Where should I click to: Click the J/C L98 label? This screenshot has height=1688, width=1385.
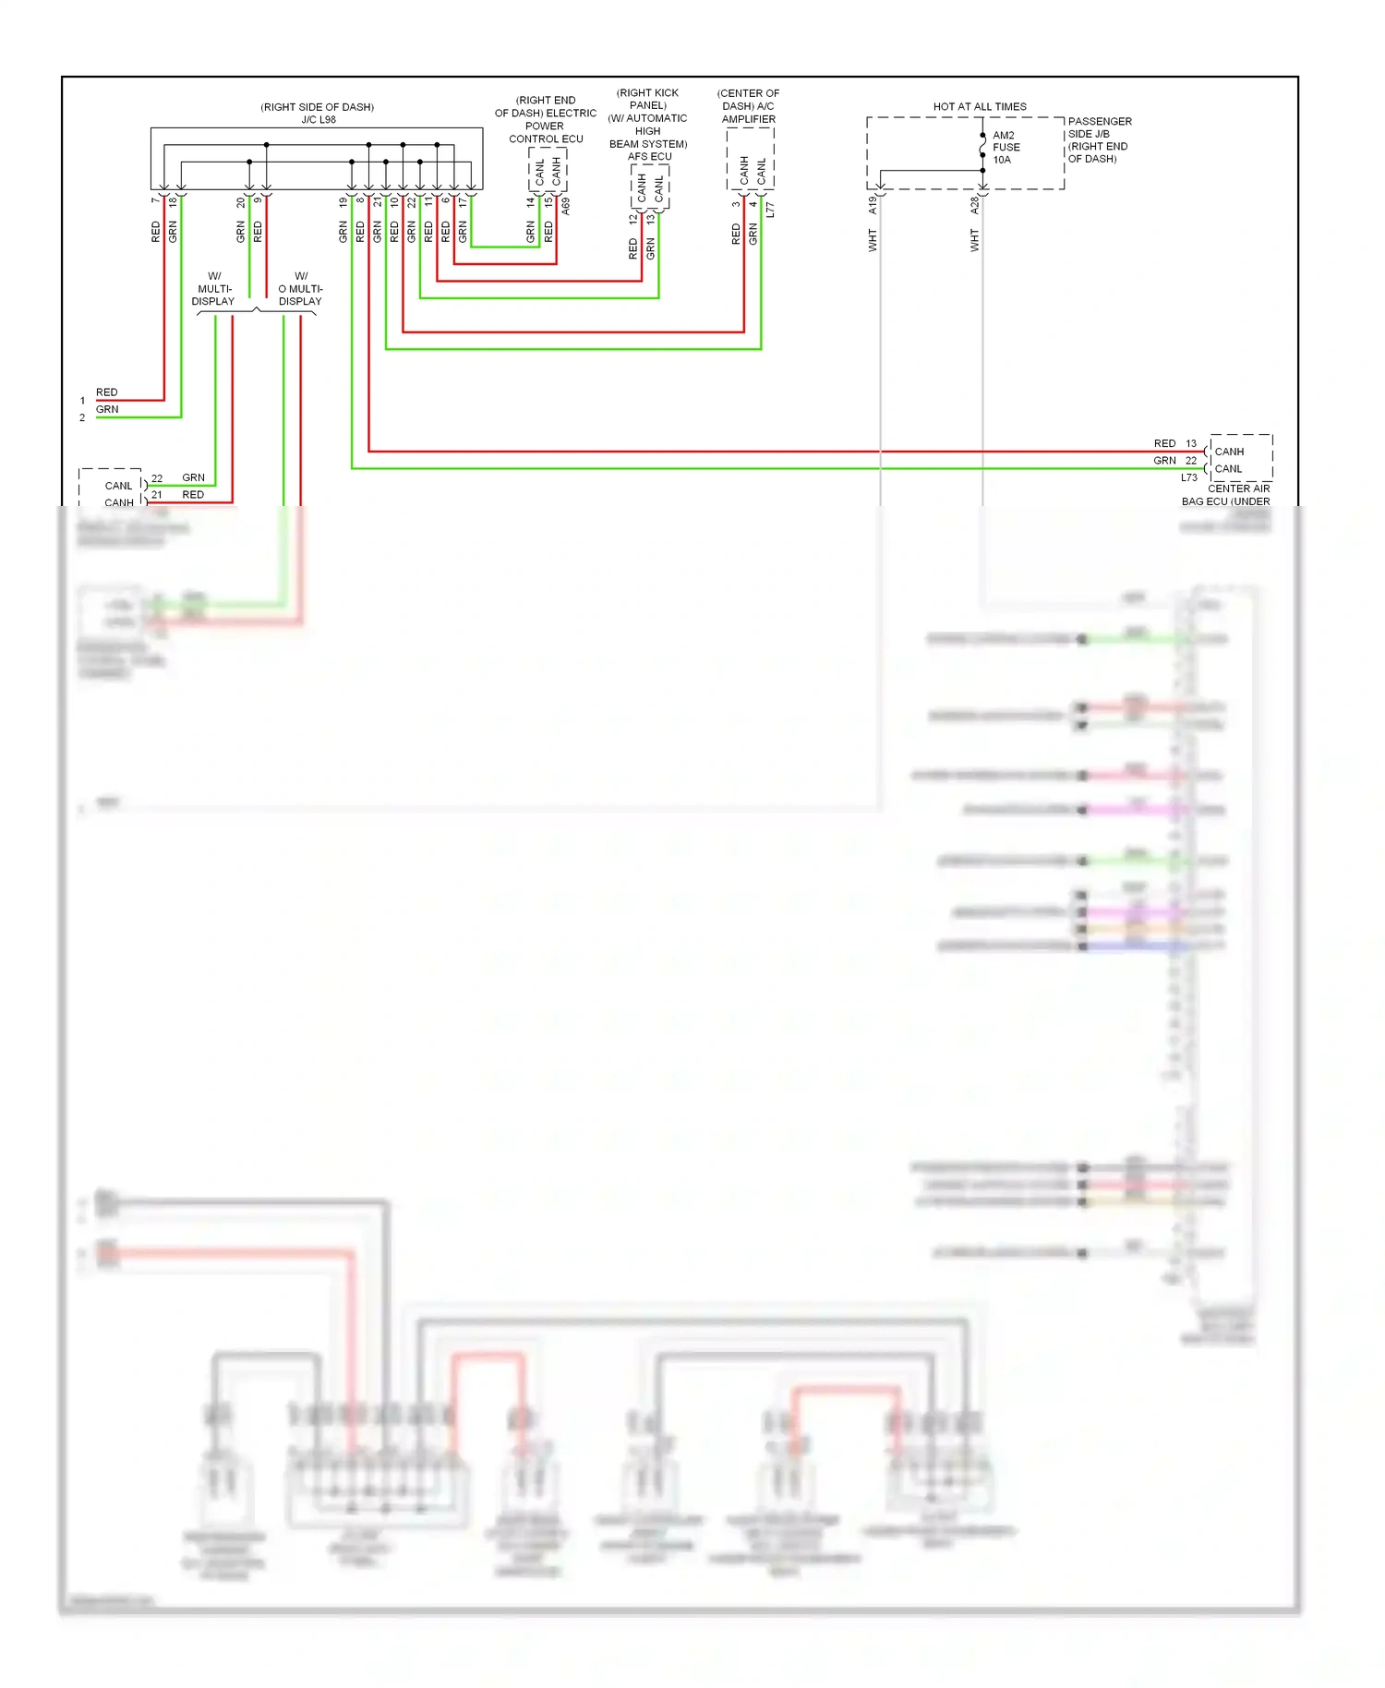318,119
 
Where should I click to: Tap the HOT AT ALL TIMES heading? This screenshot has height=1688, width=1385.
979,106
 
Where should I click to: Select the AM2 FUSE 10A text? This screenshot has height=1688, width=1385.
1006,148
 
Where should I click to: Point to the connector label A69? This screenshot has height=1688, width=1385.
565,207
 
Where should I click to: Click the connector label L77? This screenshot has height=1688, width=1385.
770,210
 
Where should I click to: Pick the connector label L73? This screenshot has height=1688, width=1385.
1188,477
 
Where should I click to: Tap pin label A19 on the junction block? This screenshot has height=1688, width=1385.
872,205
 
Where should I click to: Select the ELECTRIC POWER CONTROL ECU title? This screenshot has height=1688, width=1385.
545,120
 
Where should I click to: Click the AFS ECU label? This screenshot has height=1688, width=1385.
649,156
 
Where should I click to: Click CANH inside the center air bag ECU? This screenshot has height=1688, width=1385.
1229,452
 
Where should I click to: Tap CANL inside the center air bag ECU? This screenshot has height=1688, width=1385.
1228,469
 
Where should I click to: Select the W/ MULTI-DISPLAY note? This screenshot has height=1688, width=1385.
213,288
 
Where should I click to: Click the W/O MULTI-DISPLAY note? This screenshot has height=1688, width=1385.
300,288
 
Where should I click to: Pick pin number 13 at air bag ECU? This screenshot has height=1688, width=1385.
1191,443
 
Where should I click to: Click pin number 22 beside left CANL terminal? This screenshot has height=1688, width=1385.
157,478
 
